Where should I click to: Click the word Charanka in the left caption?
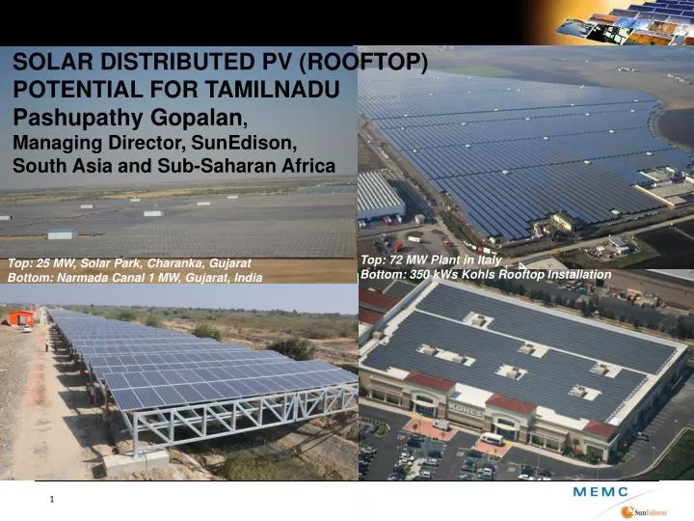tap(159, 263)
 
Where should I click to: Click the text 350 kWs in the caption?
tap(426, 275)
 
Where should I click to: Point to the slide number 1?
tap(52, 499)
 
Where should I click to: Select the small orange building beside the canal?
tap(20, 317)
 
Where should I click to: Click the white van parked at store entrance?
tap(491, 439)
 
